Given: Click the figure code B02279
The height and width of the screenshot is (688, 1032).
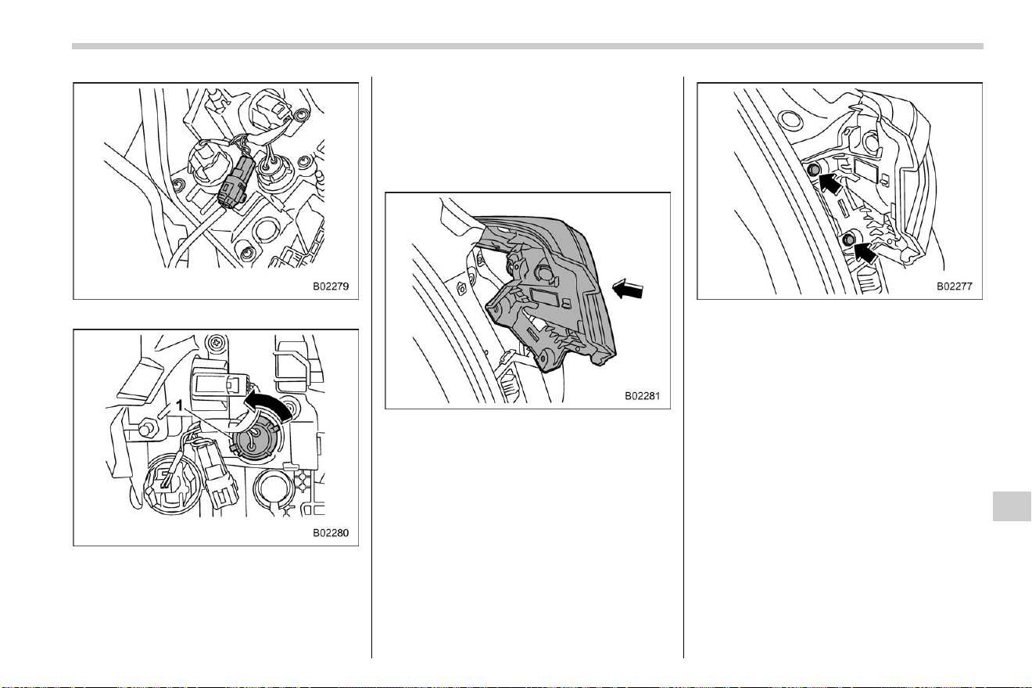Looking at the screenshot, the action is [331, 286].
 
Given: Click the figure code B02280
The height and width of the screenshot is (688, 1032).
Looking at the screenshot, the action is [331, 533].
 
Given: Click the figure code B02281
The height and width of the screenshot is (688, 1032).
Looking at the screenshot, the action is [642, 396].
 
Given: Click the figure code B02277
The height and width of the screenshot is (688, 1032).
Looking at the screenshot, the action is [954, 286].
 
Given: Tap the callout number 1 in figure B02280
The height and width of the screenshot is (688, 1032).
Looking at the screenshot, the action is [179, 405].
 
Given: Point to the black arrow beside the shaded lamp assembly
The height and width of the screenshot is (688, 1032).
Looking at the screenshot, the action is [628, 289].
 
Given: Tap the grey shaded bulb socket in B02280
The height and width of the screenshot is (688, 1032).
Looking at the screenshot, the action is [255, 444].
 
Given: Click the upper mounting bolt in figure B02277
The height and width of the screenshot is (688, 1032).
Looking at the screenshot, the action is [813, 170].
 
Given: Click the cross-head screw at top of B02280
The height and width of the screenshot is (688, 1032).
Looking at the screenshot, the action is [216, 342].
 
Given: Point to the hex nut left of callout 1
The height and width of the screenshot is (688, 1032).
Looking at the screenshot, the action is [148, 427].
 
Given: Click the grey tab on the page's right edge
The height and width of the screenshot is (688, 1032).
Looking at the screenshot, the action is [1012, 506].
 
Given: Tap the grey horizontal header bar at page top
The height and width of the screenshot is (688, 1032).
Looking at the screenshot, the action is [528, 46].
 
